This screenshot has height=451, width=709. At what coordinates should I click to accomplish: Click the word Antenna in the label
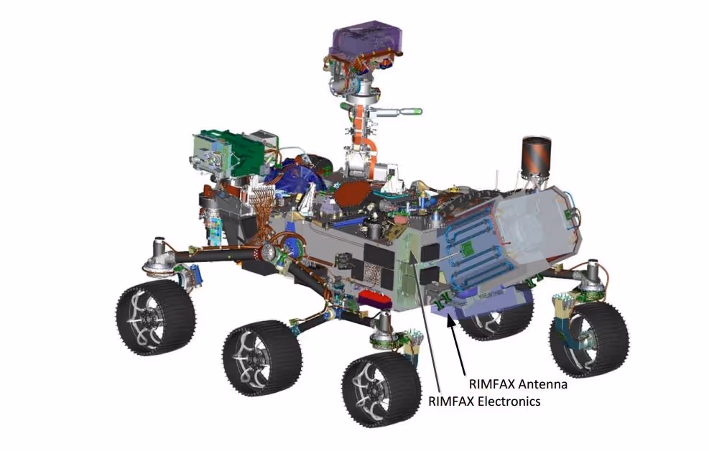pos(542,384)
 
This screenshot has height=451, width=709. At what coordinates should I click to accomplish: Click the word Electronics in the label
pos(509,401)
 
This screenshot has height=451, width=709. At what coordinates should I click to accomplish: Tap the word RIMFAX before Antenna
pos(491,384)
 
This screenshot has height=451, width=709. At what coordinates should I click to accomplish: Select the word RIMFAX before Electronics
pos(451,401)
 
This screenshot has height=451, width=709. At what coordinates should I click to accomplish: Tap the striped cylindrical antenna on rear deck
pos(537,155)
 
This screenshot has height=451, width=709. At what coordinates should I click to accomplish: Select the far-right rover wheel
pos(589,339)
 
